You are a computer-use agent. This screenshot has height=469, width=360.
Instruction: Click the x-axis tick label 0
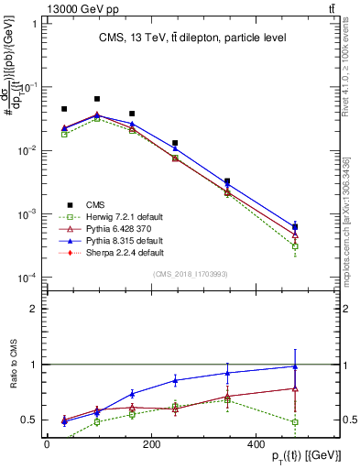(x=46, y=443)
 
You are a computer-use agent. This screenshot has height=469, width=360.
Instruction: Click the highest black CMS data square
(x=97, y=98)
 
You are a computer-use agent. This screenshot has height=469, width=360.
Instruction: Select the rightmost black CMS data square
(x=294, y=226)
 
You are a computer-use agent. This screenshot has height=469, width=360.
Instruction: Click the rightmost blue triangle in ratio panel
(x=294, y=366)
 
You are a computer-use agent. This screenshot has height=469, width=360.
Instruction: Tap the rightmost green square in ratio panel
(x=294, y=422)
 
